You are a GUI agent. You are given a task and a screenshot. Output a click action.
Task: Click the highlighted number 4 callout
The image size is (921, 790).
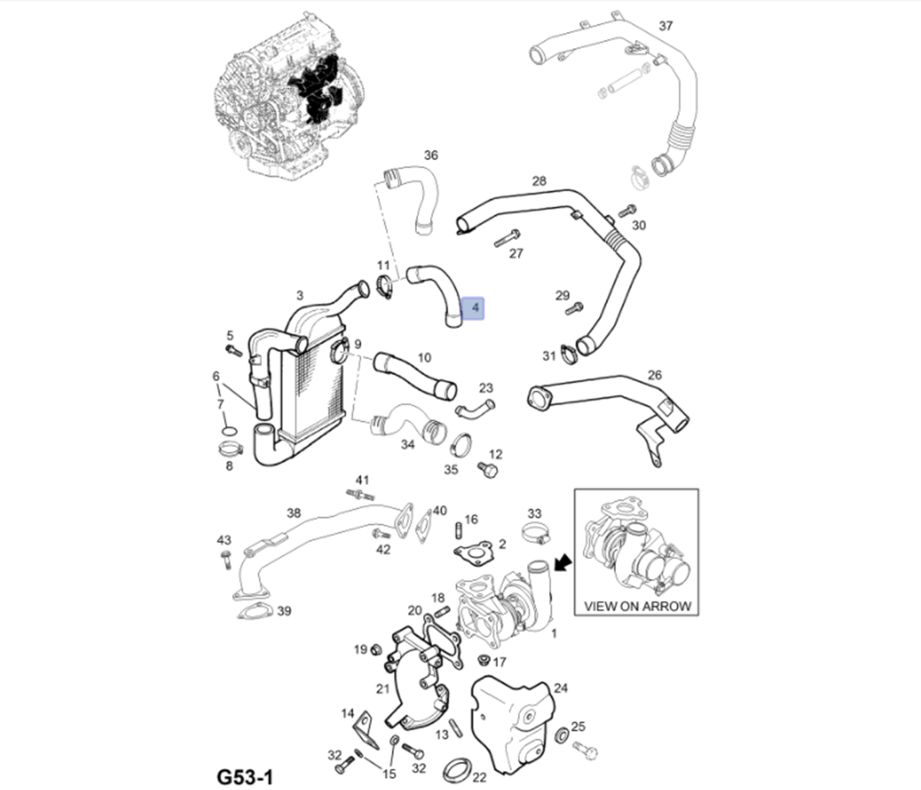[473, 308]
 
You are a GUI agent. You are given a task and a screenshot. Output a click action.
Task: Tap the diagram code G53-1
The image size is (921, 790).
[244, 777]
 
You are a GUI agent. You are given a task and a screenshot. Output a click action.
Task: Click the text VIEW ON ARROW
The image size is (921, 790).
[637, 606]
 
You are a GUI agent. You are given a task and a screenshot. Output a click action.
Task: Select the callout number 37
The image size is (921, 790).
[666, 26]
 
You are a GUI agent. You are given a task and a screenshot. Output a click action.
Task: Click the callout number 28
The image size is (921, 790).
[538, 181]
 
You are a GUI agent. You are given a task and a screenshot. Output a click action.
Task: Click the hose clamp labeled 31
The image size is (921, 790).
[568, 353]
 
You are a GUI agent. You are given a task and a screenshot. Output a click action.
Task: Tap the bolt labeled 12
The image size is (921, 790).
[489, 471]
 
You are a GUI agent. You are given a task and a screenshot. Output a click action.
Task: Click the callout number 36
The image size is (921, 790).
[431, 155]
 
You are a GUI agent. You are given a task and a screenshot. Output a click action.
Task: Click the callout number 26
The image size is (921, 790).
[655, 375]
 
